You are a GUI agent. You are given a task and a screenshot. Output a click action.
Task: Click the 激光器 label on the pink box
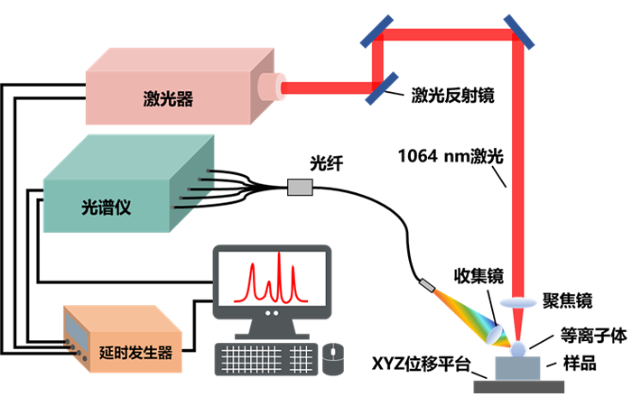[x=168, y=98]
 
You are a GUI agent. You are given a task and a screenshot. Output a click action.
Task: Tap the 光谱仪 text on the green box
[x=106, y=208]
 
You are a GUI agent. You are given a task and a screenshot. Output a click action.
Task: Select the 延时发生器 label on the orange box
[x=135, y=353]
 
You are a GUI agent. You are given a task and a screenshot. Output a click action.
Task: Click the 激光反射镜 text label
[x=452, y=96]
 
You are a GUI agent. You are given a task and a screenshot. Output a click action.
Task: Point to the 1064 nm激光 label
[x=451, y=156]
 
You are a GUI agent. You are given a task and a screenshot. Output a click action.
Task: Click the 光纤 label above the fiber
[x=327, y=163]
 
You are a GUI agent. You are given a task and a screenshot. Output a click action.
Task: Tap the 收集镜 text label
[x=479, y=276]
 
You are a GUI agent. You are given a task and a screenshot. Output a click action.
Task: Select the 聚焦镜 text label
[x=568, y=300]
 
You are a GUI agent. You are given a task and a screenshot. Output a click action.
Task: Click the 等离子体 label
[x=594, y=335]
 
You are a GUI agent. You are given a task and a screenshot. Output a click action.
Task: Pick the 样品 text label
[x=580, y=363]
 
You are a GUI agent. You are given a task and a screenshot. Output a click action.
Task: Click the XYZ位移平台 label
[x=422, y=364]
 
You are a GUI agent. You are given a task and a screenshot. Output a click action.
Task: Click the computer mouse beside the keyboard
[x=333, y=359]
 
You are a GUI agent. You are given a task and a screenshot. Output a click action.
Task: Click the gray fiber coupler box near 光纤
[x=300, y=188]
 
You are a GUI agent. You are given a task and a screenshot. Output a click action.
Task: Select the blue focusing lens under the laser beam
[x=518, y=303]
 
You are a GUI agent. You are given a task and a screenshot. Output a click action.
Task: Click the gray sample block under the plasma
[x=517, y=368]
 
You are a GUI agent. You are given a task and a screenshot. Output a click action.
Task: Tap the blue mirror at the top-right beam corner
[x=519, y=32]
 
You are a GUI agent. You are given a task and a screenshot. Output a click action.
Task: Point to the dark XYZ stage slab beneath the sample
[x=519, y=387]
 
